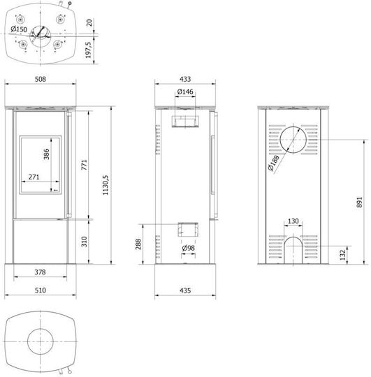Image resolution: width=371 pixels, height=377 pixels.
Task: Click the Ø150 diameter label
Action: click(x=19, y=29)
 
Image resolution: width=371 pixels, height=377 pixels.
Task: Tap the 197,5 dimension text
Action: click(x=89, y=50)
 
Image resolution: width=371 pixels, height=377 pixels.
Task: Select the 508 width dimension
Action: click(x=41, y=79)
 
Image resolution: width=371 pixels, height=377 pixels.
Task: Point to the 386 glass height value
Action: click(x=46, y=154)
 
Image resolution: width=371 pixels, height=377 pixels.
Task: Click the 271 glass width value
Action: click(x=34, y=177)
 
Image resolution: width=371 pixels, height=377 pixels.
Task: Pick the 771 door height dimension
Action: click(x=84, y=165)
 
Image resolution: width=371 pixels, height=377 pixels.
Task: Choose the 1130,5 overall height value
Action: click(x=106, y=185)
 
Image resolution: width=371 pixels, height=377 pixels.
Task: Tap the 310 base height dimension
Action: click(x=84, y=242)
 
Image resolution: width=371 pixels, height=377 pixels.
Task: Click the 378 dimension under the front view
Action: click(x=40, y=272)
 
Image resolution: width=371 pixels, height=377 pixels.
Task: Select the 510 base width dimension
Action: click(x=41, y=290)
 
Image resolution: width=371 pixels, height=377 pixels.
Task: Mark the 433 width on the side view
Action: click(x=185, y=79)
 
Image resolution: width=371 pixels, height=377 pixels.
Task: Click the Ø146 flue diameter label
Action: click(x=185, y=91)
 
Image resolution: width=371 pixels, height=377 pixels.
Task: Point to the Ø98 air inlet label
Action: click(x=189, y=248)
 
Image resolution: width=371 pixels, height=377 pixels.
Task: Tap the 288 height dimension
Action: click(x=138, y=244)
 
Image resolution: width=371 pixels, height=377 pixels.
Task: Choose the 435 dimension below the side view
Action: click(x=185, y=290)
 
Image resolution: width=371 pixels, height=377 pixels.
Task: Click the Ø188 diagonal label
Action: click(x=274, y=163)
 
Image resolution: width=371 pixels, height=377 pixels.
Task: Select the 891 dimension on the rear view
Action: click(x=359, y=202)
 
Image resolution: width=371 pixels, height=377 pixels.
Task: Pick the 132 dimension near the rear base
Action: click(x=342, y=255)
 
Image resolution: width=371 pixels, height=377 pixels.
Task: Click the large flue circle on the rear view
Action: click(x=293, y=126)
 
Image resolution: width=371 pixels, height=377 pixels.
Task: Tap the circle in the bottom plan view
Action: click(x=41, y=329)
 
